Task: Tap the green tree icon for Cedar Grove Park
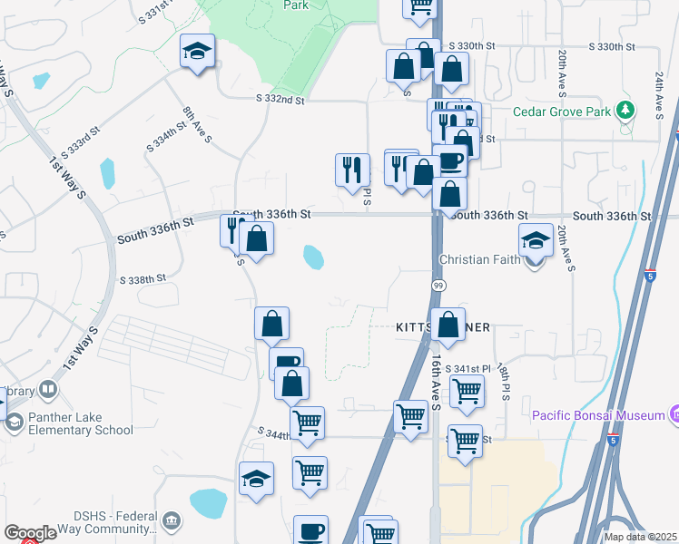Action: coord(625,112)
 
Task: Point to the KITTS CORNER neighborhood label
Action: coord(443,326)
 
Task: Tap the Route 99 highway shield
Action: coord(438,286)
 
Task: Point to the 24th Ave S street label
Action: coord(658,95)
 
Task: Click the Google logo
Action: coord(30,533)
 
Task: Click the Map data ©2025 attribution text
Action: coord(640,537)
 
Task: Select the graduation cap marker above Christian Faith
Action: coord(536,242)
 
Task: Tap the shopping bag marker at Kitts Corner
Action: coord(448,325)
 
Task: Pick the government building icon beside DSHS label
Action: coord(172,520)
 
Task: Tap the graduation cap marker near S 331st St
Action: coord(195,53)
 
